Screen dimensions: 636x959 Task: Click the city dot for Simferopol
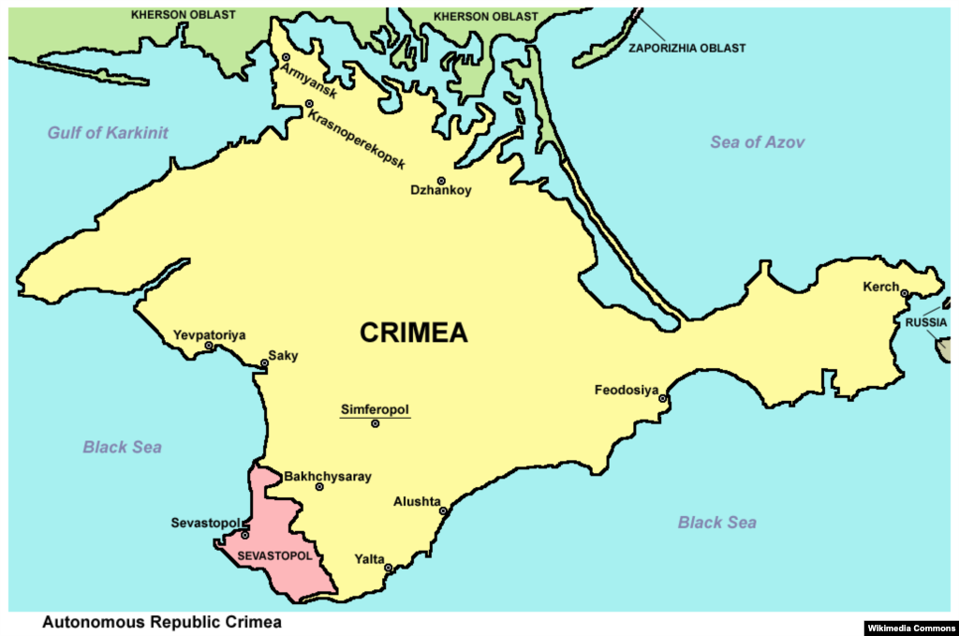(x=376, y=424)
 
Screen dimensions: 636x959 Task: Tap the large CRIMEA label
(x=413, y=333)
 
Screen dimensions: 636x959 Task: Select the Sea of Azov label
(x=757, y=142)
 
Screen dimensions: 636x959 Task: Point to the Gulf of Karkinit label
(x=108, y=133)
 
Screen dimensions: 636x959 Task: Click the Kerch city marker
(x=905, y=294)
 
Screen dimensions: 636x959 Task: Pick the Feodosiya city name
(x=627, y=390)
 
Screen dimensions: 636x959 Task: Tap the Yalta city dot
(x=389, y=569)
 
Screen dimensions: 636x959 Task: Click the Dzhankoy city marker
(x=441, y=181)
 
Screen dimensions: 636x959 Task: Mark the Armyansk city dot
(x=286, y=58)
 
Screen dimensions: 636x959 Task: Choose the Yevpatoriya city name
(x=209, y=334)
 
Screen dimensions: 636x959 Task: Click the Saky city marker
(x=264, y=363)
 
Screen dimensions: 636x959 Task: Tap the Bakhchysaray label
(x=327, y=477)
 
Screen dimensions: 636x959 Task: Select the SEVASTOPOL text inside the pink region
(x=274, y=556)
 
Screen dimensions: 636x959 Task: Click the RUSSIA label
(x=925, y=323)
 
